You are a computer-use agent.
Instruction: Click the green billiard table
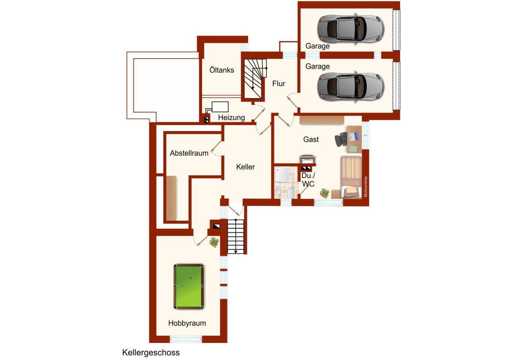(188, 286)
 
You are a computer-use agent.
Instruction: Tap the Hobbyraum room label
(187, 323)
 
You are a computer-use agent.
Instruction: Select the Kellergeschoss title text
(151, 353)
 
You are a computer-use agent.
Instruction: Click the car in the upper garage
(351, 29)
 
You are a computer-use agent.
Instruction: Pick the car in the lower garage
(351, 87)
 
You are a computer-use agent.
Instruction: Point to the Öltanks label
(222, 70)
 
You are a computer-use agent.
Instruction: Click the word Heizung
(231, 117)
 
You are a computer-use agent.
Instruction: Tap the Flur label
(279, 84)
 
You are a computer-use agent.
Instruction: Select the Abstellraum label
(189, 153)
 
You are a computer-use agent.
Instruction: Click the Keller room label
(245, 167)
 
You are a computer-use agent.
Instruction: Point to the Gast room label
(311, 139)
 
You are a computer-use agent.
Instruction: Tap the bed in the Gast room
(351, 177)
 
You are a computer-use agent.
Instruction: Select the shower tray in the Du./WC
(282, 174)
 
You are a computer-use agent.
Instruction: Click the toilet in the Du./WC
(291, 193)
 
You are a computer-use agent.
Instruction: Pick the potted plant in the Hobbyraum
(214, 242)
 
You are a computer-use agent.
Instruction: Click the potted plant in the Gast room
(324, 193)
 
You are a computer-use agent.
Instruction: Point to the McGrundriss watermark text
(365, 187)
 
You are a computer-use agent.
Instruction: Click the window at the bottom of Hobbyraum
(186, 339)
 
